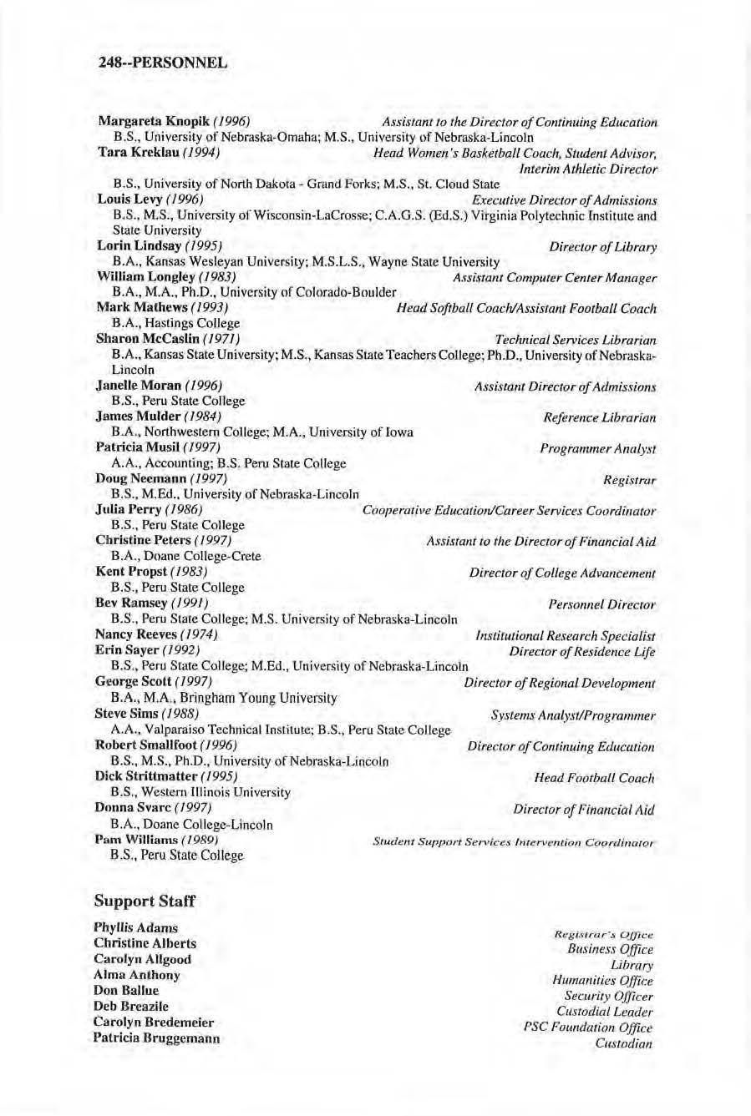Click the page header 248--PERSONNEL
pos(162,62)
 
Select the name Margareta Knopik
pos(138,123)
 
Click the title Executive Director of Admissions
pos(564,200)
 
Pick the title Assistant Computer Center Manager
pos(554,278)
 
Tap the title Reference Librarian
pos(599,417)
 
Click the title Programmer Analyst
pos(597,449)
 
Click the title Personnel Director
pos(601,604)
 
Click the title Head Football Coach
pos(594,778)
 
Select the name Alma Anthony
pos(136,975)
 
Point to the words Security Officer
pos(608,996)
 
